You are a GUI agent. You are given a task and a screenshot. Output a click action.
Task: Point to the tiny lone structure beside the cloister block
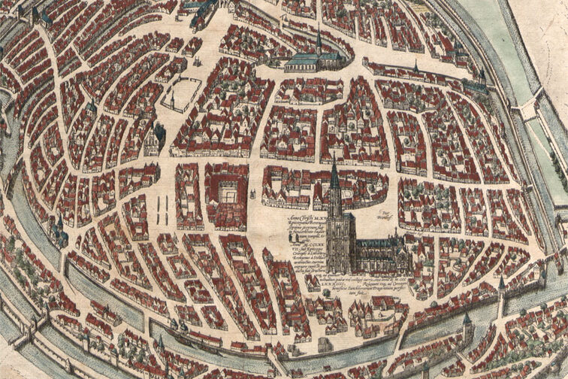point(255,195)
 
